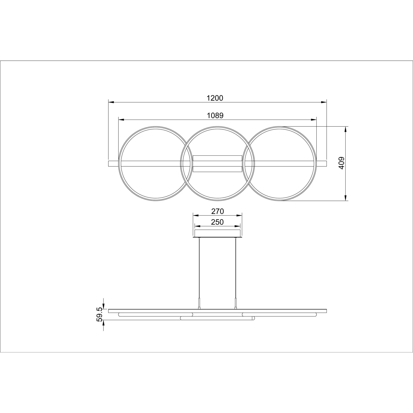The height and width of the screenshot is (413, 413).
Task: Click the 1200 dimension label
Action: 215,98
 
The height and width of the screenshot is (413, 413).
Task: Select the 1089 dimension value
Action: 215,115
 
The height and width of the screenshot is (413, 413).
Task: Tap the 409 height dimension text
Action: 341,163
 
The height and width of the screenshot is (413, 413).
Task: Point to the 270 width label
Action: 218,211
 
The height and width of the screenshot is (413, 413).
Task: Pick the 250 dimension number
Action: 217,222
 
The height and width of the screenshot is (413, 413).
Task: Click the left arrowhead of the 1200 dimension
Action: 111,102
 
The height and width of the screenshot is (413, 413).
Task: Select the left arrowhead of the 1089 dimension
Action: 121,120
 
